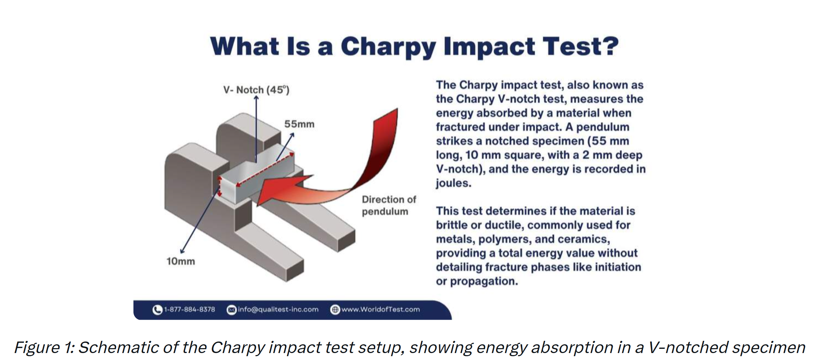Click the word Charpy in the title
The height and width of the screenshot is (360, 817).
coord(388,47)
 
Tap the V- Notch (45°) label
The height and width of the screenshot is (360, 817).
coord(256,90)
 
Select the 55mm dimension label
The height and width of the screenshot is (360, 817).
coord(299,124)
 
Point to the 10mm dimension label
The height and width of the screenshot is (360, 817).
coord(180,261)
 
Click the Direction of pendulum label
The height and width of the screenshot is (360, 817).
coord(388,205)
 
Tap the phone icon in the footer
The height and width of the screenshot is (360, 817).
coord(157,309)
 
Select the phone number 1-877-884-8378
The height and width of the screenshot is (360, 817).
coord(190,309)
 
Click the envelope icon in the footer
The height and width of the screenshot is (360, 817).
coord(231,309)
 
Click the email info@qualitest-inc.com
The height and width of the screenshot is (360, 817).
coord(278,309)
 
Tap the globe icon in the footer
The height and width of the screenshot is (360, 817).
coord(335,309)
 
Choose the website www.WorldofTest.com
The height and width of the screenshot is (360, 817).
coord(380,309)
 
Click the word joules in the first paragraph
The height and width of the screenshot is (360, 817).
coord(453,183)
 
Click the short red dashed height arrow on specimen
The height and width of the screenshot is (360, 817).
coord(220,186)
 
